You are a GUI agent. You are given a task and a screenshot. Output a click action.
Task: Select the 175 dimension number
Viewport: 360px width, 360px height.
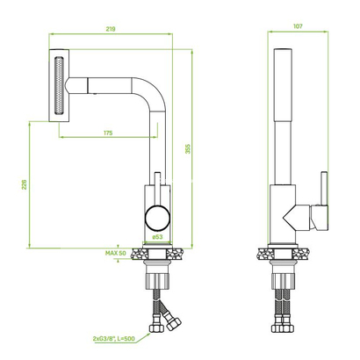(x=106, y=132)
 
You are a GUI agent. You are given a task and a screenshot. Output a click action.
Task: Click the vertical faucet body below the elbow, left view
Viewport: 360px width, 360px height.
(x=156, y=149)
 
